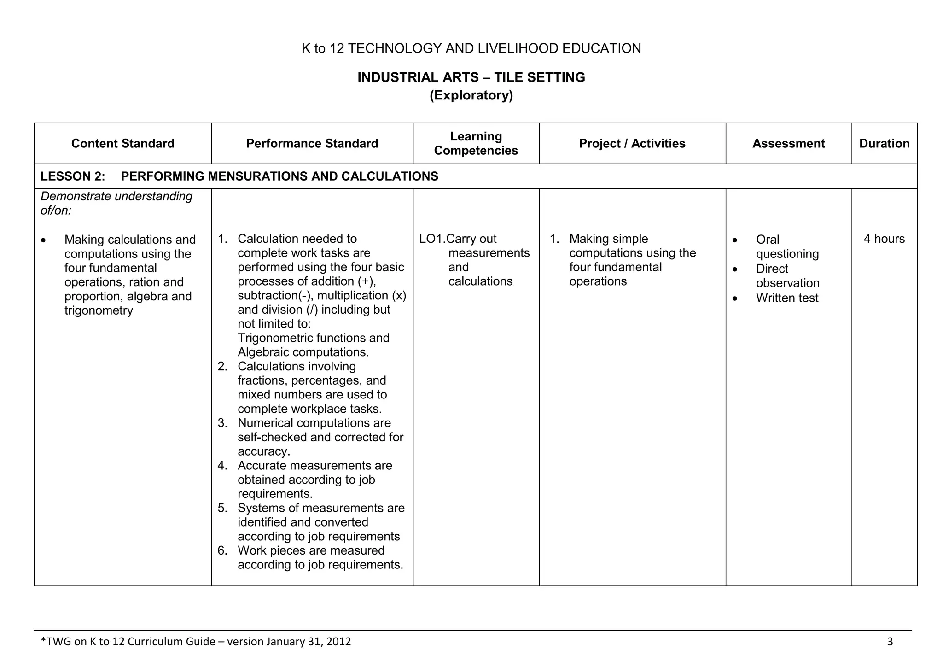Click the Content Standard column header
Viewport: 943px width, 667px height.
click(122, 143)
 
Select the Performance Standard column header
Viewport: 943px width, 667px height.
click(312, 143)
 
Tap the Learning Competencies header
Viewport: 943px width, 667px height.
click(476, 143)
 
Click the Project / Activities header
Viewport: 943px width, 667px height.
click(632, 143)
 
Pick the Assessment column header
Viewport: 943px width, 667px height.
click(788, 143)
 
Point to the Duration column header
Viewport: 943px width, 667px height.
click(884, 143)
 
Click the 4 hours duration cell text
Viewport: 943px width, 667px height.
click(884, 239)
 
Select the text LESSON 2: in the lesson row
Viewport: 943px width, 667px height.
click(73, 176)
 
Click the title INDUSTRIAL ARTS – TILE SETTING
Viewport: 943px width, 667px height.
click(471, 77)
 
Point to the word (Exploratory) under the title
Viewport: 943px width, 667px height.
click(471, 95)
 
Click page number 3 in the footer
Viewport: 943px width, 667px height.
click(890, 641)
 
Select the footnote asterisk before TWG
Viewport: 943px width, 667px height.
click(43, 640)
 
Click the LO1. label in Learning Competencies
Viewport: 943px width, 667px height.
click(432, 239)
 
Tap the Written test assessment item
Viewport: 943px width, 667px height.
click(787, 298)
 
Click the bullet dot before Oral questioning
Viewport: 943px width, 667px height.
click(734, 240)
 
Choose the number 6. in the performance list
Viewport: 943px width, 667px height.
click(223, 550)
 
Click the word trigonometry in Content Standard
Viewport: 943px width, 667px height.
click(99, 310)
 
